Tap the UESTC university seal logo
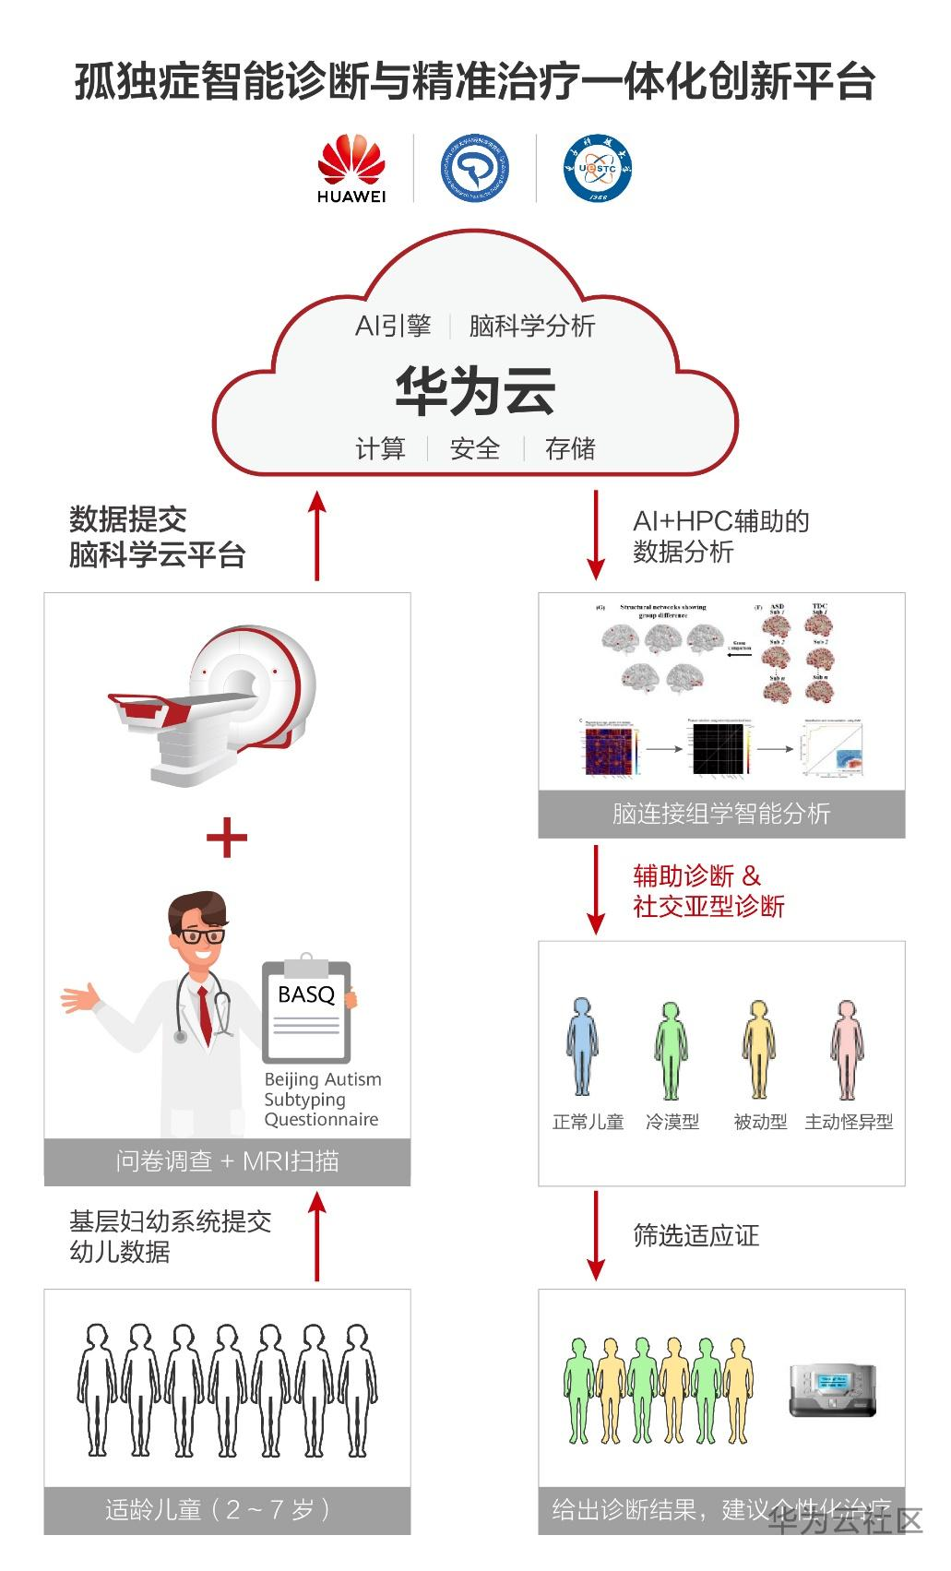598,168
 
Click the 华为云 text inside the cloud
475,390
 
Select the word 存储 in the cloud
569,449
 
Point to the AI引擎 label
393,326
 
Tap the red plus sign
227,838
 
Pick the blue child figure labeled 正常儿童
582,1047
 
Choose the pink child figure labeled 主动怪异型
847,1049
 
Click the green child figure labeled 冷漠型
672,1049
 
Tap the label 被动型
760,1122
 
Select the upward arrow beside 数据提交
317,535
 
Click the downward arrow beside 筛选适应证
596,1234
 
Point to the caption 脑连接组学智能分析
721,814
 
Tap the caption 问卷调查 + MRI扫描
227,1160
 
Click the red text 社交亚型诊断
708,906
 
